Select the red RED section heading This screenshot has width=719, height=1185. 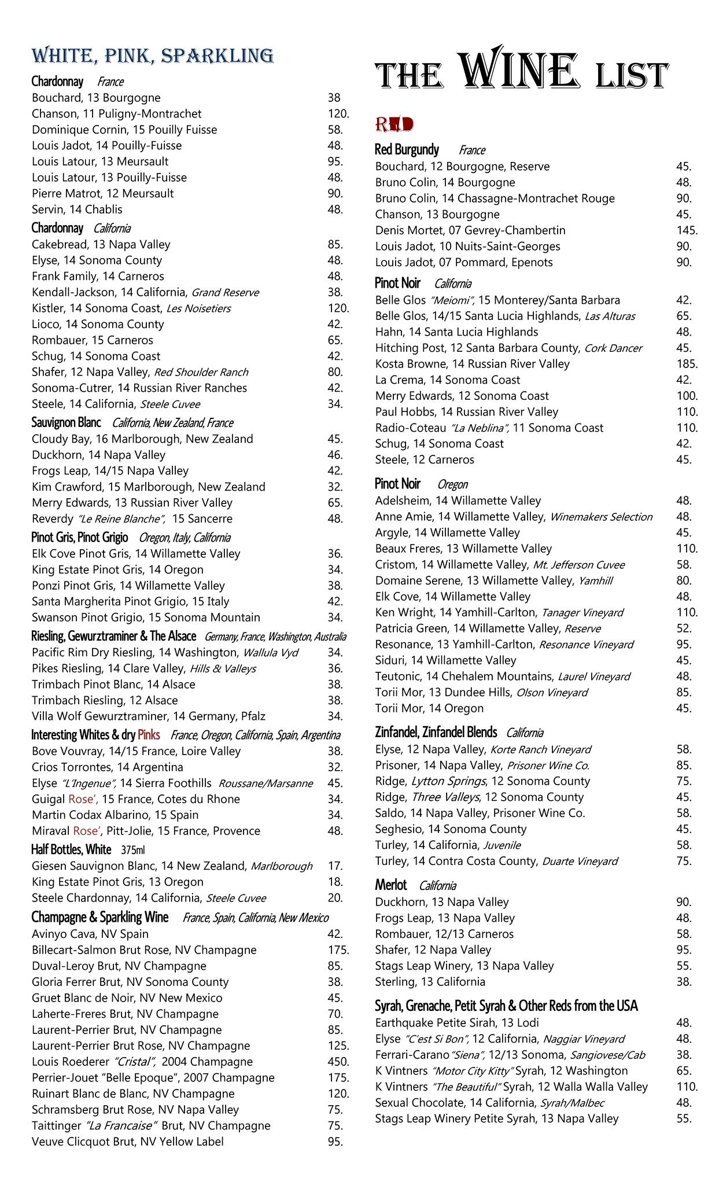click(394, 124)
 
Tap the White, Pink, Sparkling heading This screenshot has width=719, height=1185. click(152, 56)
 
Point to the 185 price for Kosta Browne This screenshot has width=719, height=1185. click(687, 364)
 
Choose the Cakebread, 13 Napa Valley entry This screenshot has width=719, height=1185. click(101, 244)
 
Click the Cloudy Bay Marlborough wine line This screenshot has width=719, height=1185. click(142, 439)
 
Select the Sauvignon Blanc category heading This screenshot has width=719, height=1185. click(66, 422)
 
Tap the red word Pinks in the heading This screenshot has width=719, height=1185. click(149, 735)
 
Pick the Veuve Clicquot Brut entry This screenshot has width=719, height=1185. click(127, 1142)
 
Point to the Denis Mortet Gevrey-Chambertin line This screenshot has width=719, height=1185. click(470, 230)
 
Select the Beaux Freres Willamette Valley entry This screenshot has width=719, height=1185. click(463, 549)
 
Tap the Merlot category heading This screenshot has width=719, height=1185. click(391, 885)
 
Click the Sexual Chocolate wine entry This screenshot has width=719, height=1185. click(489, 1103)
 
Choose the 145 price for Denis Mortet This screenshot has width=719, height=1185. click(687, 230)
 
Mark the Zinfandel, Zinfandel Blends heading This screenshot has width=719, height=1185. click(436, 733)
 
